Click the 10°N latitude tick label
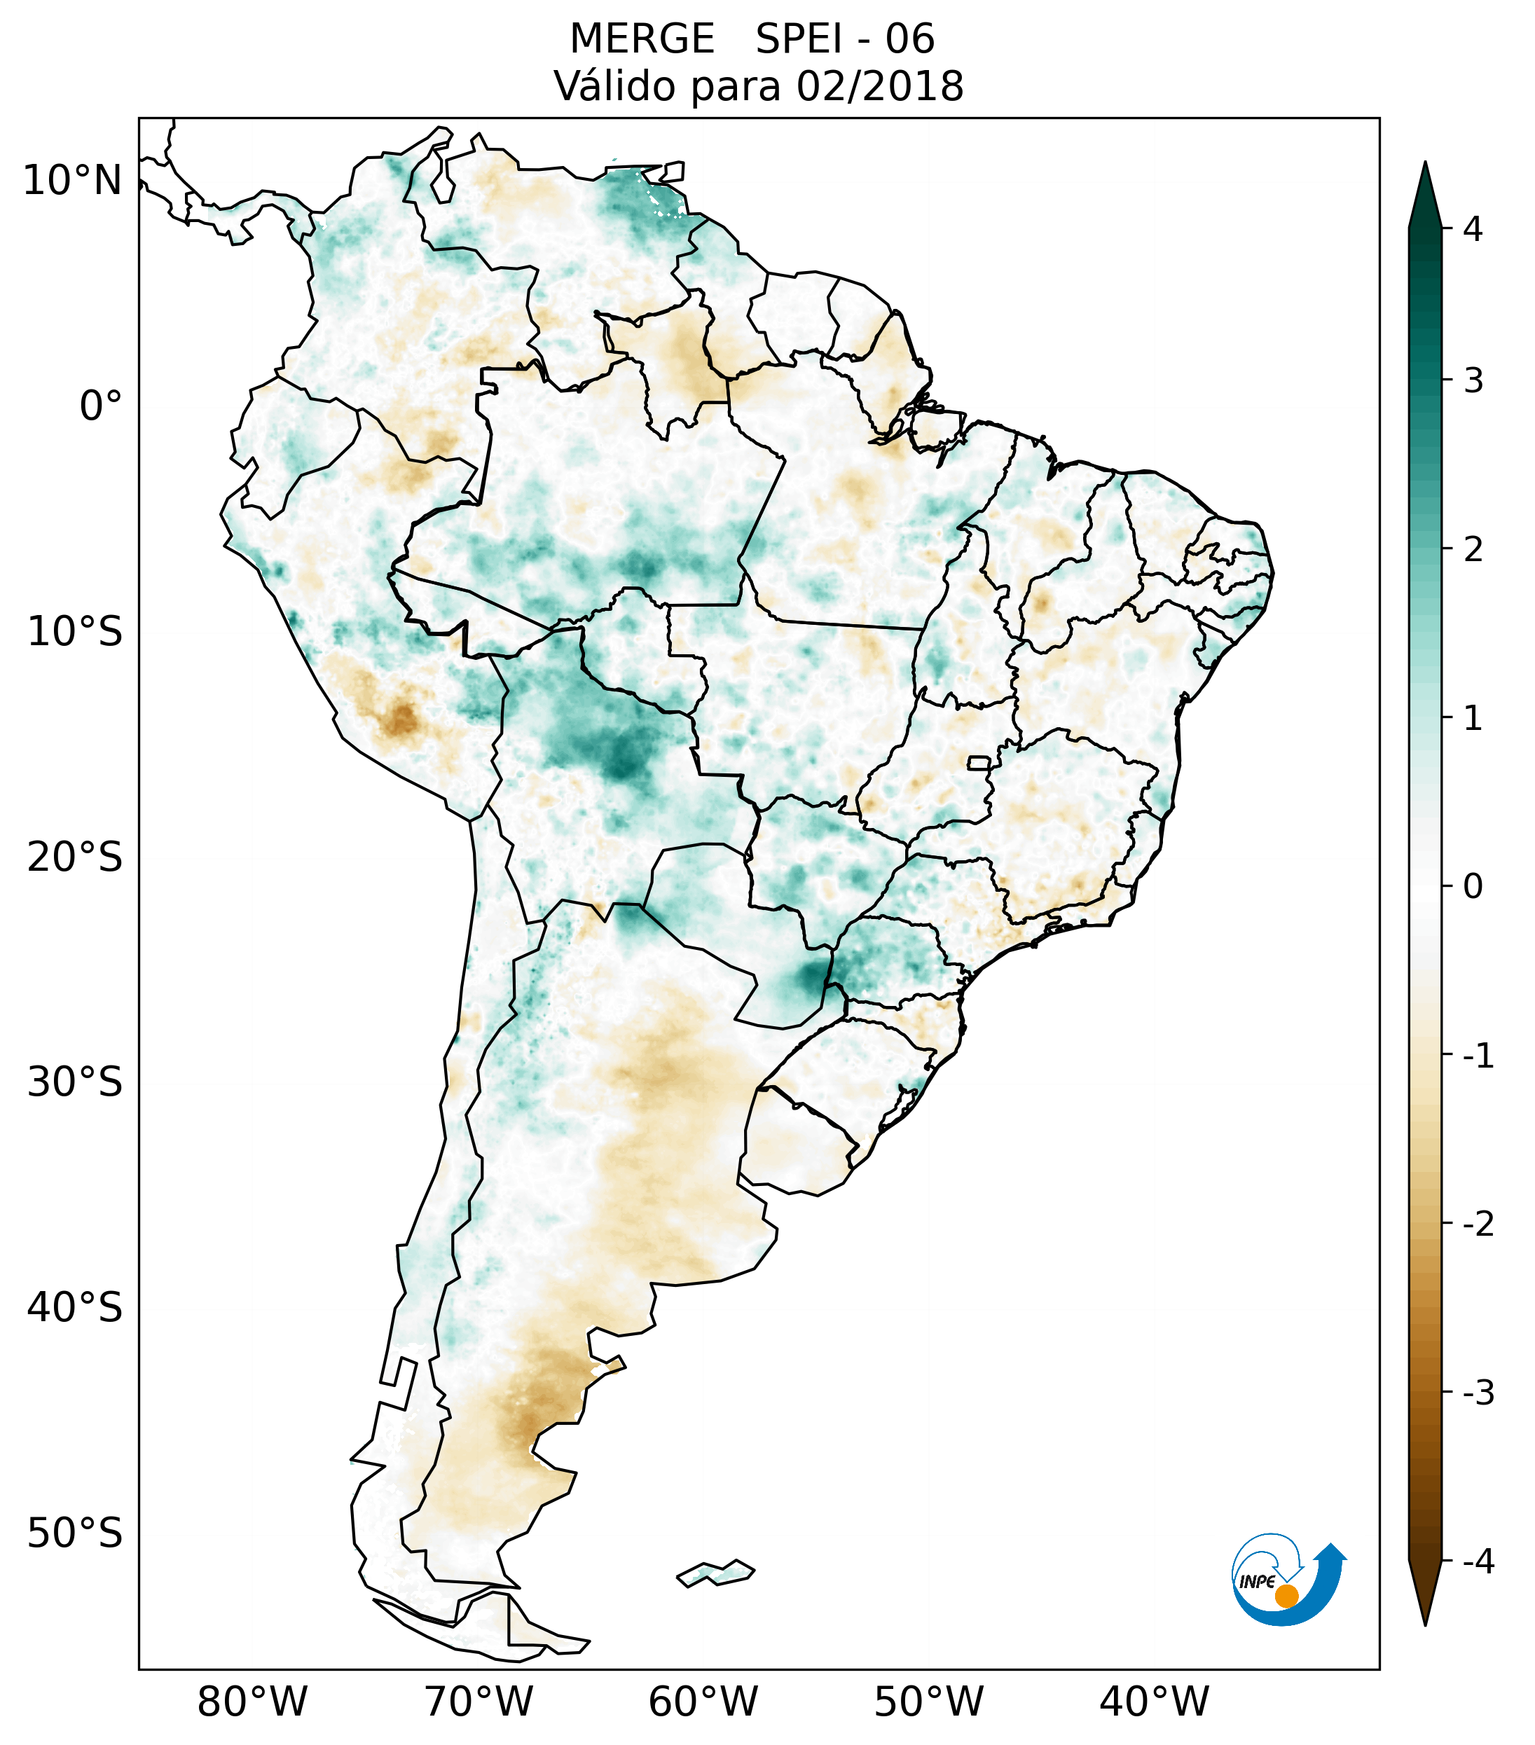71,181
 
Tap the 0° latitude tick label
101,406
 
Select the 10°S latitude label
75,632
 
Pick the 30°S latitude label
75,1082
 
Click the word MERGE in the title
642,39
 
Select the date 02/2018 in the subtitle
879,86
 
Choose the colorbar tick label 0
1473,887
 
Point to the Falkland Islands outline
715,1573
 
